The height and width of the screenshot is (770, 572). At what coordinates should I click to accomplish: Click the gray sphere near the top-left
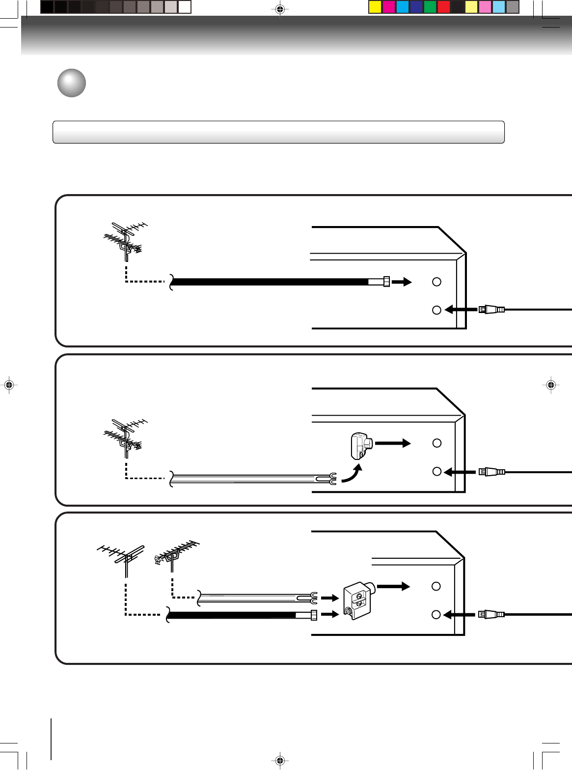tap(72, 83)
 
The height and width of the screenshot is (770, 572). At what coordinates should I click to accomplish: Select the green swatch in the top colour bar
tap(430, 7)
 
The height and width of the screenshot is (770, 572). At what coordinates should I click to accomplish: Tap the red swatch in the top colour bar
tap(443, 7)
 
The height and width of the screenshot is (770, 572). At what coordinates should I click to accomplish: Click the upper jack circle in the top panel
tap(436, 282)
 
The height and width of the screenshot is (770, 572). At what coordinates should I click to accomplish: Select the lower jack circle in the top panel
tap(436, 310)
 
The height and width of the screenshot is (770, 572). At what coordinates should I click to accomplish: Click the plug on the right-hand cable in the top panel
tap(491, 310)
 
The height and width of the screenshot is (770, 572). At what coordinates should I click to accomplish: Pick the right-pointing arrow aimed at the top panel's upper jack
tap(402, 282)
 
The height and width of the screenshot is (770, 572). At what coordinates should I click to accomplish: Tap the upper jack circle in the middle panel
tap(436, 443)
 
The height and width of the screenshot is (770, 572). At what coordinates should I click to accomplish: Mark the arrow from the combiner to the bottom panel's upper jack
tap(394, 586)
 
